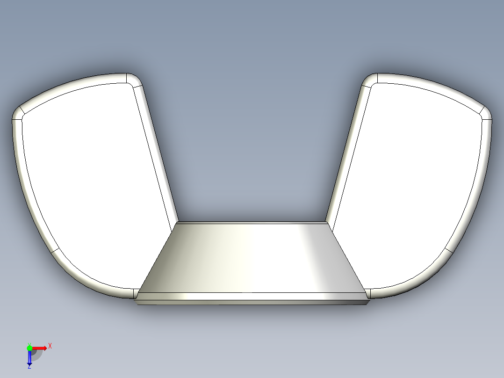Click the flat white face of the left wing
point(94,182)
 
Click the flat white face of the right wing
point(411,182)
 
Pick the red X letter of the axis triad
point(50,346)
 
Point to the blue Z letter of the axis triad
point(29,366)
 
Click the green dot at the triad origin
point(29,348)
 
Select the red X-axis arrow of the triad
point(40,348)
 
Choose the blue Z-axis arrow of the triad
point(29,358)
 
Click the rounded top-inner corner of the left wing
point(134,80)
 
